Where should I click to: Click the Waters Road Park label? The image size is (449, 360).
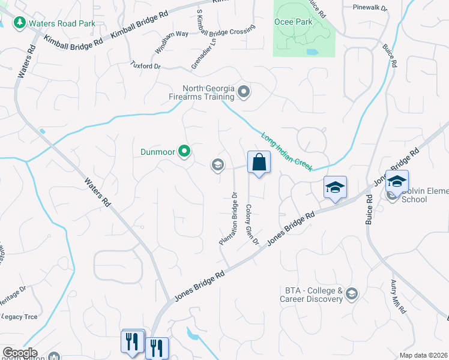62,23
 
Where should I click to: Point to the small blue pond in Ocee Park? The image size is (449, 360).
312,52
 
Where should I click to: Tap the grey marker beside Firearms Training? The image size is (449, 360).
243,92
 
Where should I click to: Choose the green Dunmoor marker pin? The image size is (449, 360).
184,152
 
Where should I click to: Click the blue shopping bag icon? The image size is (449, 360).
259,162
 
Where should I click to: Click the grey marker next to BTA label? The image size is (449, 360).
352,293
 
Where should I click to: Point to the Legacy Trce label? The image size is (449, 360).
20,316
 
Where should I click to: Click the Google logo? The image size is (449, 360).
19,353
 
